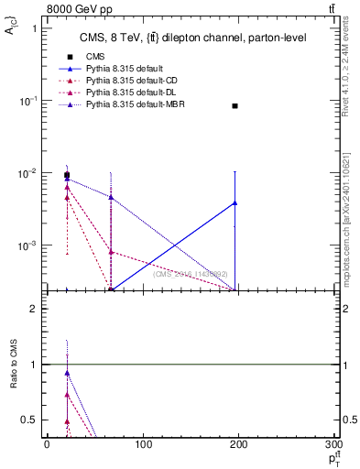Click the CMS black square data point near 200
coord(235,106)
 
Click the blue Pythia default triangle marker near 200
coord(235,202)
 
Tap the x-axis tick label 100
coord(143,444)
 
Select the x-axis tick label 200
coord(239,444)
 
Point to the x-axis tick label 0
coord(47,444)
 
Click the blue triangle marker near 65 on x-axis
coord(111,197)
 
